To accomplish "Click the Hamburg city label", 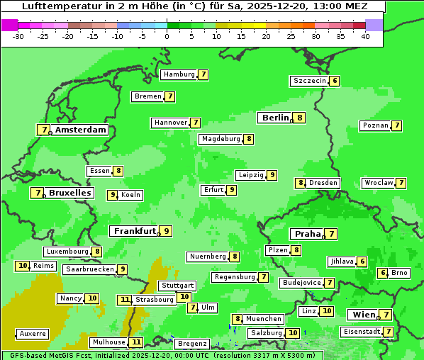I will [179, 74].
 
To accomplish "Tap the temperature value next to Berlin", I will [300, 118].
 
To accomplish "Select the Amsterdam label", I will [80, 130].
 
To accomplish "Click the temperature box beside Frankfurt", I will [166, 231].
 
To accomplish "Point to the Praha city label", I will [308, 234].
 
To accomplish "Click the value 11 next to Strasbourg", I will [125, 300].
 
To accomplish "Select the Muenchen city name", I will [264, 319].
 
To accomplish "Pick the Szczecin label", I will [310, 81].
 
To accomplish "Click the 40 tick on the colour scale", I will [365, 36].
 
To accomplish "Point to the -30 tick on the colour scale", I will [18, 36].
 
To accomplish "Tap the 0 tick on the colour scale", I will [167, 36].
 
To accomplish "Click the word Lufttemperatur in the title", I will [57, 6].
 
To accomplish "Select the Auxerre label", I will [33, 333].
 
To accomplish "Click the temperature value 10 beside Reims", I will [23, 266].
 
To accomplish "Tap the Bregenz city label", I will [192, 344].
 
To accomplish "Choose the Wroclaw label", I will [378, 183].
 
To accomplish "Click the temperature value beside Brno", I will [383, 273].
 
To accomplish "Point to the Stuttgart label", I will [177, 286].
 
